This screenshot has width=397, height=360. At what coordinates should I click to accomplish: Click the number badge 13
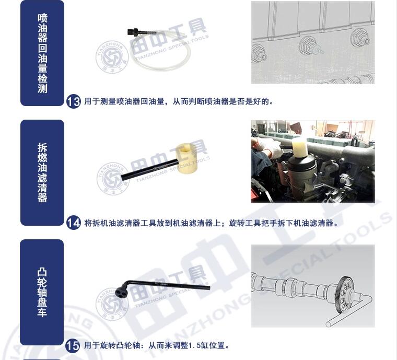click(74, 102)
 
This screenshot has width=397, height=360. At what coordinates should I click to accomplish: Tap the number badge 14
click(74, 223)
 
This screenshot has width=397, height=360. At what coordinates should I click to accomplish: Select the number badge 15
click(73, 345)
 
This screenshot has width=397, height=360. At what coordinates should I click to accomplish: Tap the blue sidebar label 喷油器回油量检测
click(42, 53)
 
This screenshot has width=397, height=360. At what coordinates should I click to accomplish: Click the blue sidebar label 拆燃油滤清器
click(42, 172)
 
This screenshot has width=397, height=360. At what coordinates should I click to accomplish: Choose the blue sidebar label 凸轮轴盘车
click(42, 293)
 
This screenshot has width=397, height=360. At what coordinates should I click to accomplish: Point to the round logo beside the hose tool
click(112, 57)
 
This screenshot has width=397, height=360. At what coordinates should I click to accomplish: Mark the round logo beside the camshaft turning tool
click(112, 304)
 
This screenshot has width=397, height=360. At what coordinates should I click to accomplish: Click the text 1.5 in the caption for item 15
click(195, 345)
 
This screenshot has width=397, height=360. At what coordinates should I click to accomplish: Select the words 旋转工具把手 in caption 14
click(253, 223)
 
